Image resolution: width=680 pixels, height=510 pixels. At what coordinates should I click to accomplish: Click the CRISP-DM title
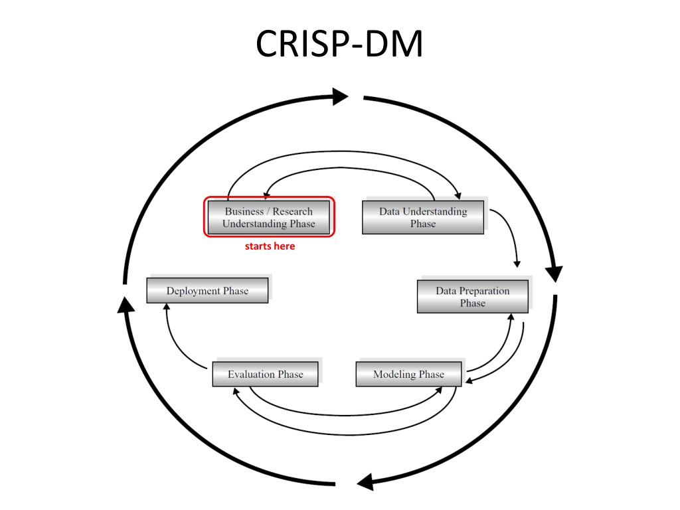point(339,44)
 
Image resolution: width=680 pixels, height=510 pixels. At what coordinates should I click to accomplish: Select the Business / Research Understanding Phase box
point(268,217)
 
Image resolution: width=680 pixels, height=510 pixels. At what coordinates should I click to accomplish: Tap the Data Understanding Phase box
point(423,217)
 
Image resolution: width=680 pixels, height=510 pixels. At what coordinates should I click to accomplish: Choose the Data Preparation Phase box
point(473,297)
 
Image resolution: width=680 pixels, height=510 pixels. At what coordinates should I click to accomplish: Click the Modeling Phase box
point(408,374)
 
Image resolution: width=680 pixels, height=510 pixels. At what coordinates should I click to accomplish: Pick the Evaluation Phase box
point(265,374)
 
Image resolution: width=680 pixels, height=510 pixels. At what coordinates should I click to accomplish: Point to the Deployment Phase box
point(207,291)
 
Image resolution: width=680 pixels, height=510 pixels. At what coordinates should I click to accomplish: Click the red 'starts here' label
point(270,246)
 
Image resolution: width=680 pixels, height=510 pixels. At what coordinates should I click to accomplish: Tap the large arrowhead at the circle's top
point(341,96)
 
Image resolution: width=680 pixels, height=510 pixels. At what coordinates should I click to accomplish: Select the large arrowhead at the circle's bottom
point(365,482)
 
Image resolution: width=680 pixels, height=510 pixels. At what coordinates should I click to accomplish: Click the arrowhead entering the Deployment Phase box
point(167,307)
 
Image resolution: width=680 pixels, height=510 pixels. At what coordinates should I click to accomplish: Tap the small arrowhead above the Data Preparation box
point(517,264)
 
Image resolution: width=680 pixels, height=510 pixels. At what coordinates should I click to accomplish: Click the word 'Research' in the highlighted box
point(292,211)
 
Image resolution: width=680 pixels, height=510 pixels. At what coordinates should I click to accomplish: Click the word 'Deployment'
point(193,291)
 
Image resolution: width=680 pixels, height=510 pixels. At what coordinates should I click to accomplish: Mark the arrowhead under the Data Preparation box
point(511,317)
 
